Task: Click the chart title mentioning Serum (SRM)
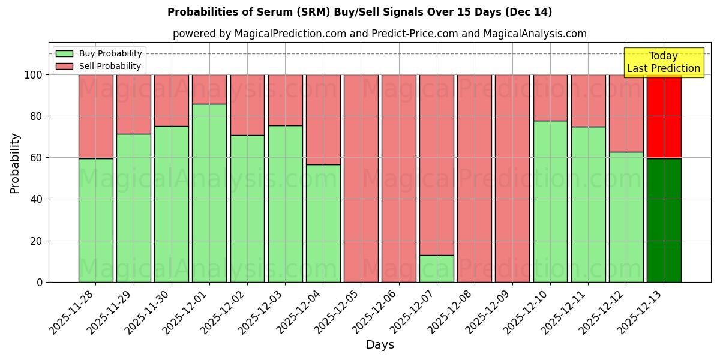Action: point(359,12)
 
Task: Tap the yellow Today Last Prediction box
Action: point(664,62)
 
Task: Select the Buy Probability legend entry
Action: point(99,53)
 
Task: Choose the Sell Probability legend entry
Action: point(99,66)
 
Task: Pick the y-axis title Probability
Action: point(15,163)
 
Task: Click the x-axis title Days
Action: point(380,345)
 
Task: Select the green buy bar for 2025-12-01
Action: point(209,192)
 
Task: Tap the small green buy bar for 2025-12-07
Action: point(437,268)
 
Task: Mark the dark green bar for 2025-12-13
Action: point(664,220)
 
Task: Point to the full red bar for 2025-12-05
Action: point(361,178)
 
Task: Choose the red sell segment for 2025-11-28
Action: point(96,116)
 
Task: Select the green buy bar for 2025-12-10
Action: point(550,201)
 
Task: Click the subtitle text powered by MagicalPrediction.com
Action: point(379,34)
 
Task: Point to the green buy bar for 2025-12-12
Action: point(626,217)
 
